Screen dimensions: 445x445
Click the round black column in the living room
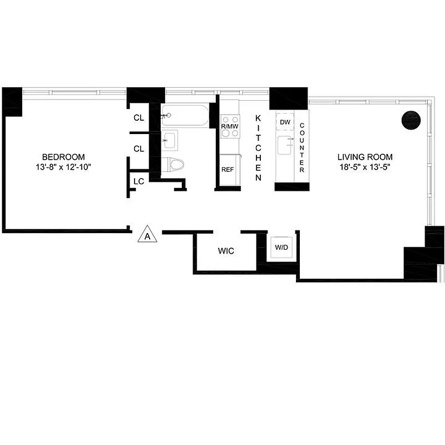(x=413, y=121)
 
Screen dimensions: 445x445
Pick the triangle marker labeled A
(x=148, y=234)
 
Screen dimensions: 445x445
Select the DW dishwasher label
(x=285, y=122)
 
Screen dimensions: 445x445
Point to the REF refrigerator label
(x=228, y=170)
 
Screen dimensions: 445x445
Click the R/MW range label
(x=230, y=127)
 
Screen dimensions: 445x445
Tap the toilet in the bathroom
(x=176, y=165)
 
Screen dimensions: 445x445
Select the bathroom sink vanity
(x=170, y=140)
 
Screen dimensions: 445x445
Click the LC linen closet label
(x=139, y=181)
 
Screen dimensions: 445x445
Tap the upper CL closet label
(x=139, y=118)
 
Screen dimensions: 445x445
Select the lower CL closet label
(x=139, y=149)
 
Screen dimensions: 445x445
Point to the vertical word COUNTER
(x=302, y=147)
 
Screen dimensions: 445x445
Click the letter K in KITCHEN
(x=258, y=117)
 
